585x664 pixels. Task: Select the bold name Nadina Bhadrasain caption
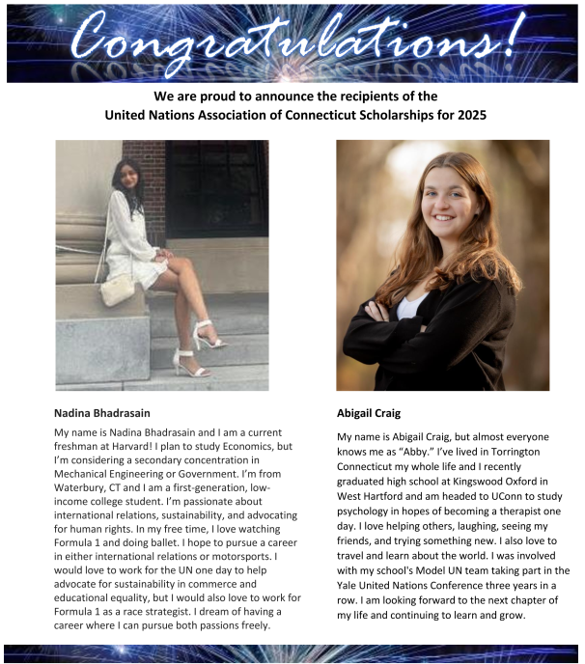click(102, 413)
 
